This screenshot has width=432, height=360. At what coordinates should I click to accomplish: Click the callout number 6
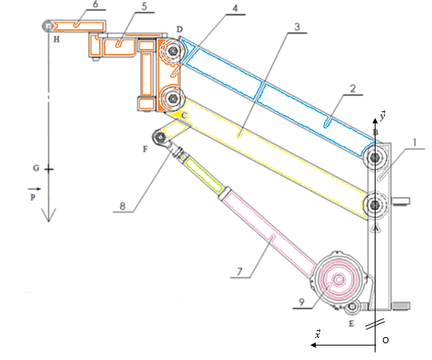point(95,4)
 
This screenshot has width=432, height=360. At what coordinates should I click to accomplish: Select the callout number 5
point(144,6)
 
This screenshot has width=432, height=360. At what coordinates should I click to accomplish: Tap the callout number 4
point(235,8)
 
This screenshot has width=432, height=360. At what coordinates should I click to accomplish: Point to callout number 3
point(297,27)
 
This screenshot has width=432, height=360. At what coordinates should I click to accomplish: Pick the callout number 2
point(353,88)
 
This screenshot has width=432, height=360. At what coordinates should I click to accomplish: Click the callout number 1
point(414,143)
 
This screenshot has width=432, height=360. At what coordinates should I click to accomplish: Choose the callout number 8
point(123,206)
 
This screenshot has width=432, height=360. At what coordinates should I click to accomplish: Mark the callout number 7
point(240,272)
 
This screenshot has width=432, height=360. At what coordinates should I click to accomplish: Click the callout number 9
point(301,302)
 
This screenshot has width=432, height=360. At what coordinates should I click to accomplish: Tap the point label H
point(56,40)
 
